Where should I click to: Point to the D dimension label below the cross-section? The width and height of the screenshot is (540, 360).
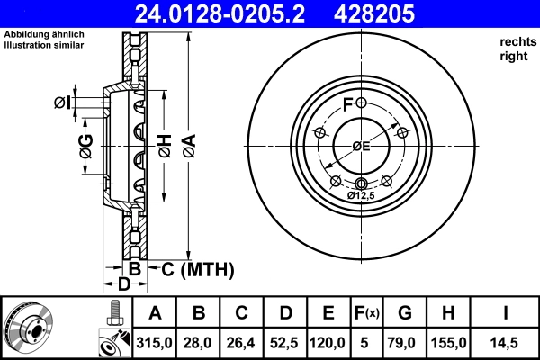click(x=125, y=284)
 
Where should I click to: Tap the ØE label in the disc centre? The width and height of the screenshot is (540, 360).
click(x=361, y=146)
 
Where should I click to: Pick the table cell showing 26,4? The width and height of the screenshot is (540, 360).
click(x=242, y=343)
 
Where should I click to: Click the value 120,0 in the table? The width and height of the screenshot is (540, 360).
click(x=328, y=343)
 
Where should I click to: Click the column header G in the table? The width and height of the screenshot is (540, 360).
click(x=405, y=313)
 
